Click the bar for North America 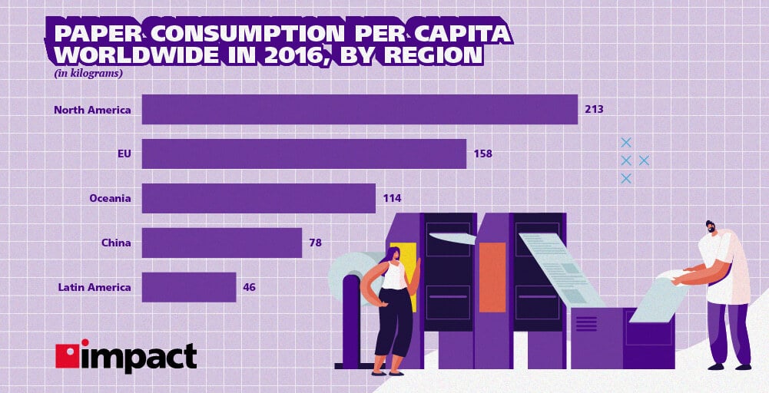coord(360,109)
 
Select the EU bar coord(304,154)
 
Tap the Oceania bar coord(259,198)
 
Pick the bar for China coord(222,243)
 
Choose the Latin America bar coord(189,287)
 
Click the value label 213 coord(594,109)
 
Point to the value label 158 coord(482,154)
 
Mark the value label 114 coord(392,198)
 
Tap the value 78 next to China coord(315,243)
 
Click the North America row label coord(92,109)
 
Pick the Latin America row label coord(94,287)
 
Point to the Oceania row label coord(111,198)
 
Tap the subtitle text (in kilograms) coord(88,74)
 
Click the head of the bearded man coord(711,228)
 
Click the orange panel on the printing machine coord(492,266)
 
